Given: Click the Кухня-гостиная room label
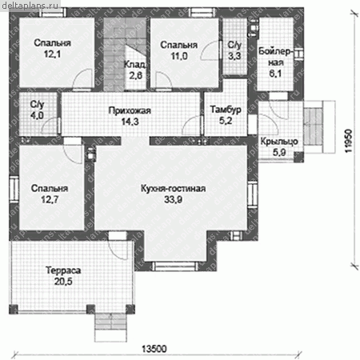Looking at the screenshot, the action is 173,188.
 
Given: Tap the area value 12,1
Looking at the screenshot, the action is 52,54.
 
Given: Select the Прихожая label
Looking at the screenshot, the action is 130,110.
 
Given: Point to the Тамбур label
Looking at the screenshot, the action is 226,110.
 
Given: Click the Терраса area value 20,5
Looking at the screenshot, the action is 63,282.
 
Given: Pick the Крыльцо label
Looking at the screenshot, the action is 279,142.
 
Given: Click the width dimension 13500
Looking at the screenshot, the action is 154,349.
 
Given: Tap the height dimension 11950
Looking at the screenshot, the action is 349,141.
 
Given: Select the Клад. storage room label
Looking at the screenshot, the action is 135,64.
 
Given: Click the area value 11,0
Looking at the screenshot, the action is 179,56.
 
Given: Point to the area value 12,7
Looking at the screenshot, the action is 50,199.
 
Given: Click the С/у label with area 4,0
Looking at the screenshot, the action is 37,104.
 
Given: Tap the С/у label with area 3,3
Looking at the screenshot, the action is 234,45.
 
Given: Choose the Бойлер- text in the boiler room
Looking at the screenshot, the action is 276,51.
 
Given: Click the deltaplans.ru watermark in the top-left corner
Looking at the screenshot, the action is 30,5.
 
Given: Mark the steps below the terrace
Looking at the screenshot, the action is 110,327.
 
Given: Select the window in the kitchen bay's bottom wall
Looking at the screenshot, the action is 175,266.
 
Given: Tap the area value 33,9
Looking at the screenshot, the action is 173,199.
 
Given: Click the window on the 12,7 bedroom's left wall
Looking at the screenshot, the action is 14,189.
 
